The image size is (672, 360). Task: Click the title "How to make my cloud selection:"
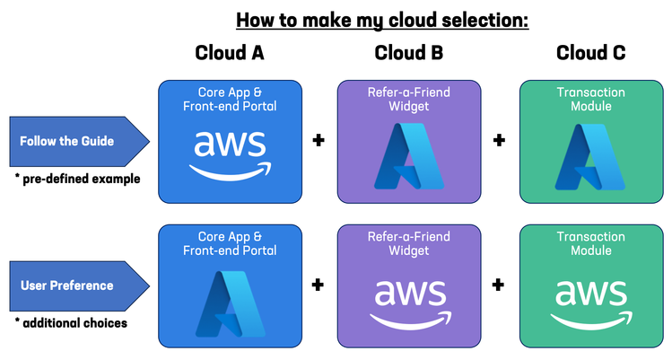pos(382,19)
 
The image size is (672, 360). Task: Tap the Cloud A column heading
pos(230,53)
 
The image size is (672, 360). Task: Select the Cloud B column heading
pos(409,53)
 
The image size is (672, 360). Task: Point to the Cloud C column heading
pos(590,53)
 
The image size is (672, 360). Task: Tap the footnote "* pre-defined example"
pos(77,179)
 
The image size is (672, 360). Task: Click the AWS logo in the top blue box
pos(229,153)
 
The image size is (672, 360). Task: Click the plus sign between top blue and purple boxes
pos(318,141)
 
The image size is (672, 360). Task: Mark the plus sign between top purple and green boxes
pos(499,141)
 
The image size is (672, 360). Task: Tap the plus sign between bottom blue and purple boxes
pos(318,285)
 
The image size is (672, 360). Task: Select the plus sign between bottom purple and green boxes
pos(499,285)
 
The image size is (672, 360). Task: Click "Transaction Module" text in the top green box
pos(590,98)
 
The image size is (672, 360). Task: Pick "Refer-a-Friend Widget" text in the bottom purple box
pos(409,244)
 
